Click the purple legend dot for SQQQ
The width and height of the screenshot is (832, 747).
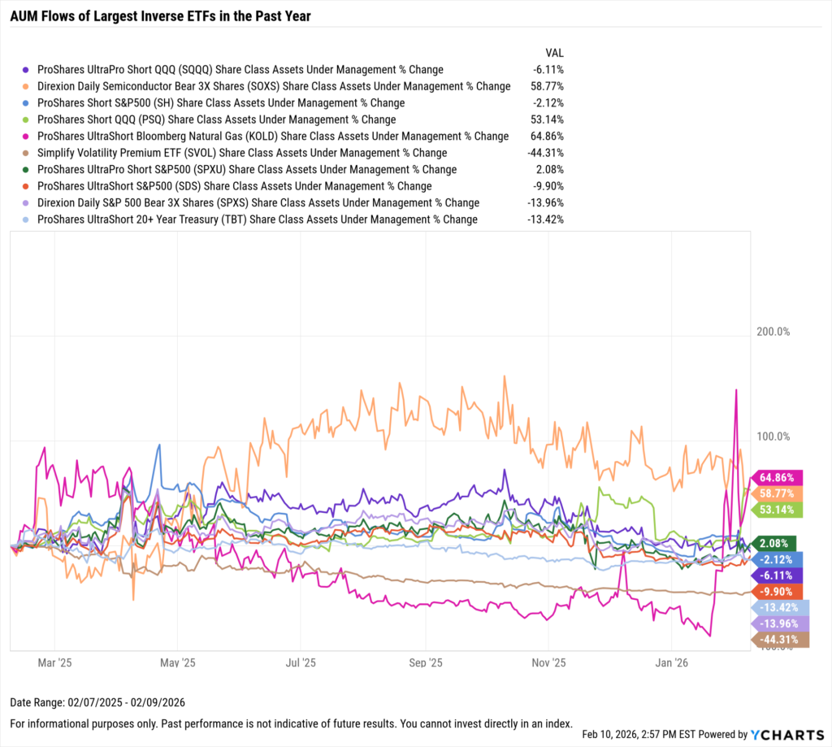27,70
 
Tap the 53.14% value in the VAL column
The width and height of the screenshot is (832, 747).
546,119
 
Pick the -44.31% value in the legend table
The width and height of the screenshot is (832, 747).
544,153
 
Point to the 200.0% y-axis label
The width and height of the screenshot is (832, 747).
773,332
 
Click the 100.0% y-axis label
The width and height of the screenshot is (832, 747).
773,436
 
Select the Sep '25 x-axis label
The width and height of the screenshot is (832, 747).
426,662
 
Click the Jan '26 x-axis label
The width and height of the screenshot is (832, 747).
673,662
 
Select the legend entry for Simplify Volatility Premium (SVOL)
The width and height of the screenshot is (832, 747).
242,153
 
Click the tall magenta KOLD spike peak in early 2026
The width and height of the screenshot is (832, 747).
736,391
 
